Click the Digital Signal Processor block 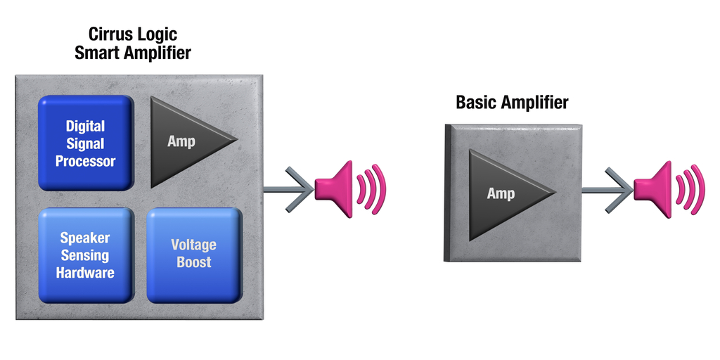tap(85, 143)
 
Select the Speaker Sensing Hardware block tap(85, 255)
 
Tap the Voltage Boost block tap(193, 254)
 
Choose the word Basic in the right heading tap(477, 102)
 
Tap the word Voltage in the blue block tap(193, 245)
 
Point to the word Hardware tap(85, 272)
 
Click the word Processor tap(85, 161)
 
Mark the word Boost tap(193, 262)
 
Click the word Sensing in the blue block tap(85, 255)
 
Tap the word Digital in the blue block tap(85, 127)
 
